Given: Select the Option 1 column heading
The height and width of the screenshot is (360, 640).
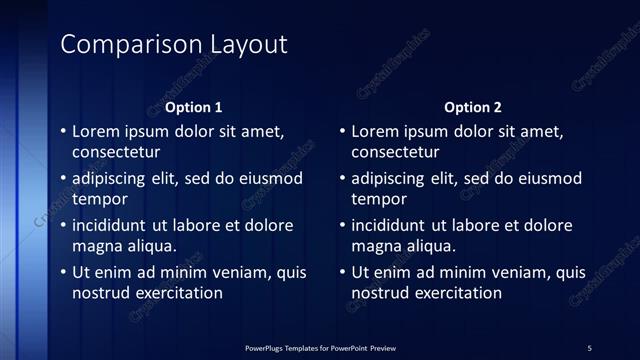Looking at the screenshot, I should click(193, 107).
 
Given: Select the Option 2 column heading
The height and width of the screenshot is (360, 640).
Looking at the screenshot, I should click(473, 107).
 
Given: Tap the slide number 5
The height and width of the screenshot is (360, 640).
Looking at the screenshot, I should click(589, 348).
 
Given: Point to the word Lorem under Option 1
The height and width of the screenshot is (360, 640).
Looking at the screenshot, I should click(97, 132).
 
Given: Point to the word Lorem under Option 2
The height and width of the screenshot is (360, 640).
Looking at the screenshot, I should click(377, 132).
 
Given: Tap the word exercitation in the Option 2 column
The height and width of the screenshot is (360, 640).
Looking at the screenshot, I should click(458, 293).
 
